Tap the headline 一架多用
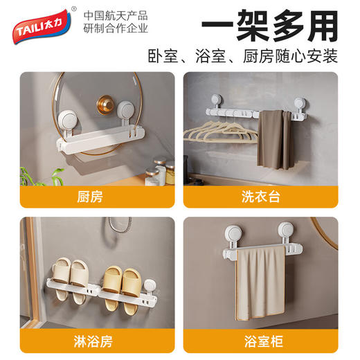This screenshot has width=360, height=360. point(269,25)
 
